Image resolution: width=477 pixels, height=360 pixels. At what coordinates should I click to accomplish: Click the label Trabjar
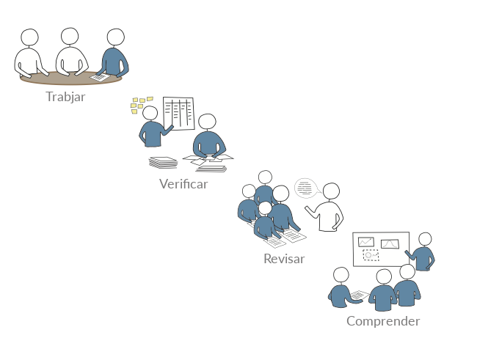(65, 97)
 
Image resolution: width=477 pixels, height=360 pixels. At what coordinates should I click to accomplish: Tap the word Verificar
(183, 184)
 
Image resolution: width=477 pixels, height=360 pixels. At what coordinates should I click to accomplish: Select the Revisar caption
(284, 259)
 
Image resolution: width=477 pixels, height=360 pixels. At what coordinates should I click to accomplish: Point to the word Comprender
(383, 321)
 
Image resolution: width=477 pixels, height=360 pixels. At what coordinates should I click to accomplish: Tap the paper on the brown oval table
(99, 76)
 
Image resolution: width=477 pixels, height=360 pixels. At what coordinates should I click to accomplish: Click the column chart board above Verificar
(178, 114)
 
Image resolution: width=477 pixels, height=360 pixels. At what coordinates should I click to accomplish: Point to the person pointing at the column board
(153, 130)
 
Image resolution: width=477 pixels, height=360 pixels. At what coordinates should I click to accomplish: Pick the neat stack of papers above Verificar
(163, 162)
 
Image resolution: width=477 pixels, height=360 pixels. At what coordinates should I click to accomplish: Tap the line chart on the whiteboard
(365, 241)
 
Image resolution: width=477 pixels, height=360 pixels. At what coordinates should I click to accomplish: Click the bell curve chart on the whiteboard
(390, 243)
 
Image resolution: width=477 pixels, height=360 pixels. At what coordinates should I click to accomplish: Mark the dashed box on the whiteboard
(371, 255)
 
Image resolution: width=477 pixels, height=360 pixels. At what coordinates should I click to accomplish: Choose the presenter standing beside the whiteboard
(423, 252)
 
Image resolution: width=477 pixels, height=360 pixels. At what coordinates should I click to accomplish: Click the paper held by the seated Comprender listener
(359, 295)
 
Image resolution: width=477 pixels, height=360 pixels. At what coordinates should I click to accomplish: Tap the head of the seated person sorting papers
(208, 122)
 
